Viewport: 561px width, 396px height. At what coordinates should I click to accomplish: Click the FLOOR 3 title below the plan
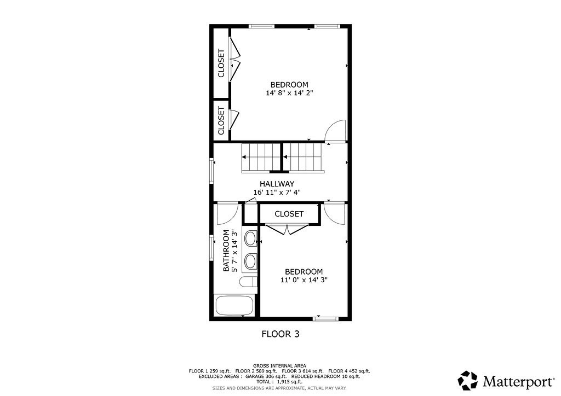pyautogui.click(x=280, y=333)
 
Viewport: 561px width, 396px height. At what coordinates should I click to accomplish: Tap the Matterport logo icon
pyautogui.click(x=467, y=380)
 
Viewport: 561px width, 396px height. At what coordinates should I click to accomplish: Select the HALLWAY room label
pyautogui.click(x=277, y=184)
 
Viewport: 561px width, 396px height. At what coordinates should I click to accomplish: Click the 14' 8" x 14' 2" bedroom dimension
pyautogui.click(x=289, y=93)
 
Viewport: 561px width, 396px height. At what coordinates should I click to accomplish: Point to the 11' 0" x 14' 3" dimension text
pyautogui.click(x=303, y=280)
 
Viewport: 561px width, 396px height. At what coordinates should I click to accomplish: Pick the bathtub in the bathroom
pyautogui.click(x=234, y=305)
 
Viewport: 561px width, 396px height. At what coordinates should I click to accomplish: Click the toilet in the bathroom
pyautogui.click(x=248, y=282)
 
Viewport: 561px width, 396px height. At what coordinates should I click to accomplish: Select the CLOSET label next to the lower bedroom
pyautogui.click(x=289, y=214)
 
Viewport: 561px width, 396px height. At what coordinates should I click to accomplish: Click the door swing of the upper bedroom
pyautogui.click(x=336, y=131)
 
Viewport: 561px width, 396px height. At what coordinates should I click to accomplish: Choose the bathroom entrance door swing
pyautogui.click(x=227, y=213)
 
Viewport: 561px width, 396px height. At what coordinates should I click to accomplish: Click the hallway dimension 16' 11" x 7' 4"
pyautogui.click(x=277, y=193)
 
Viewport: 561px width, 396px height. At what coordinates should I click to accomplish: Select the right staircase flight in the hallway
pyautogui.click(x=305, y=158)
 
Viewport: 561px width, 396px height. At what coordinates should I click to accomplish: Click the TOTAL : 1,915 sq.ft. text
pyautogui.click(x=280, y=382)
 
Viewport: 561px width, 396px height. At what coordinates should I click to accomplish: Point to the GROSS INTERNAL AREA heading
pyautogui.click(x=280, y=365)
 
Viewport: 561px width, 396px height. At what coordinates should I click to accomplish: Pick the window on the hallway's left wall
pyautogui.click(x=212, y=171)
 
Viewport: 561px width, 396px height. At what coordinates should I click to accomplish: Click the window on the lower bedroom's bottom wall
pyautogui.click(x=325, y=318)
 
